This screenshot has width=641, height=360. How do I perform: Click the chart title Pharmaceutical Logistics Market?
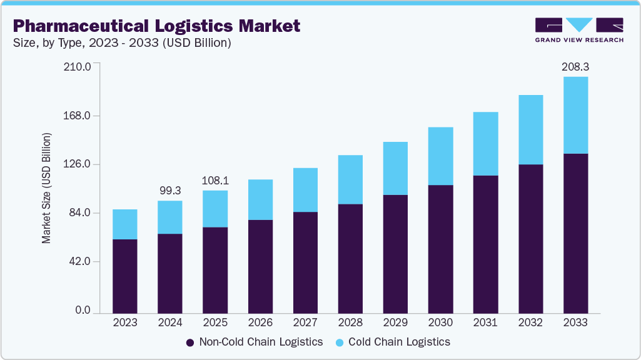click(156, 26)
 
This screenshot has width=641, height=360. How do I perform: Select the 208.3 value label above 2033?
click(575, 66)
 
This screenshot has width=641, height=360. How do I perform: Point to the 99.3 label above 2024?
click(169, 189)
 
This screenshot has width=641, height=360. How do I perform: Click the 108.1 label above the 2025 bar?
click(215, 180)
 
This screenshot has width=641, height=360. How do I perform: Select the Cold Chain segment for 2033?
click(575, 115)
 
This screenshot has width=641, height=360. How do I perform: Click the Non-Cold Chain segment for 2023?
click(124, 276)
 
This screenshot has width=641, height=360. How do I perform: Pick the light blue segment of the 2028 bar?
click(350, 179)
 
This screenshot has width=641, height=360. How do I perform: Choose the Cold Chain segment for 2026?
click(260, 199)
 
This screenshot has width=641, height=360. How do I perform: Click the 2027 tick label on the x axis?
click(305, 322)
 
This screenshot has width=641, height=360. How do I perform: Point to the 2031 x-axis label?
click(485, 322)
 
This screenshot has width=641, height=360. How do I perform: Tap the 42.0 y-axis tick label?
click(78, 261)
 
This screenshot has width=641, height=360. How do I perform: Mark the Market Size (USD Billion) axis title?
click(47, 188)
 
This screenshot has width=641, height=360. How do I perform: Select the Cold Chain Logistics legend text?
click(399, 342)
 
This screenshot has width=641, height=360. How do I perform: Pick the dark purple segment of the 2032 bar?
click(530, 238)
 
